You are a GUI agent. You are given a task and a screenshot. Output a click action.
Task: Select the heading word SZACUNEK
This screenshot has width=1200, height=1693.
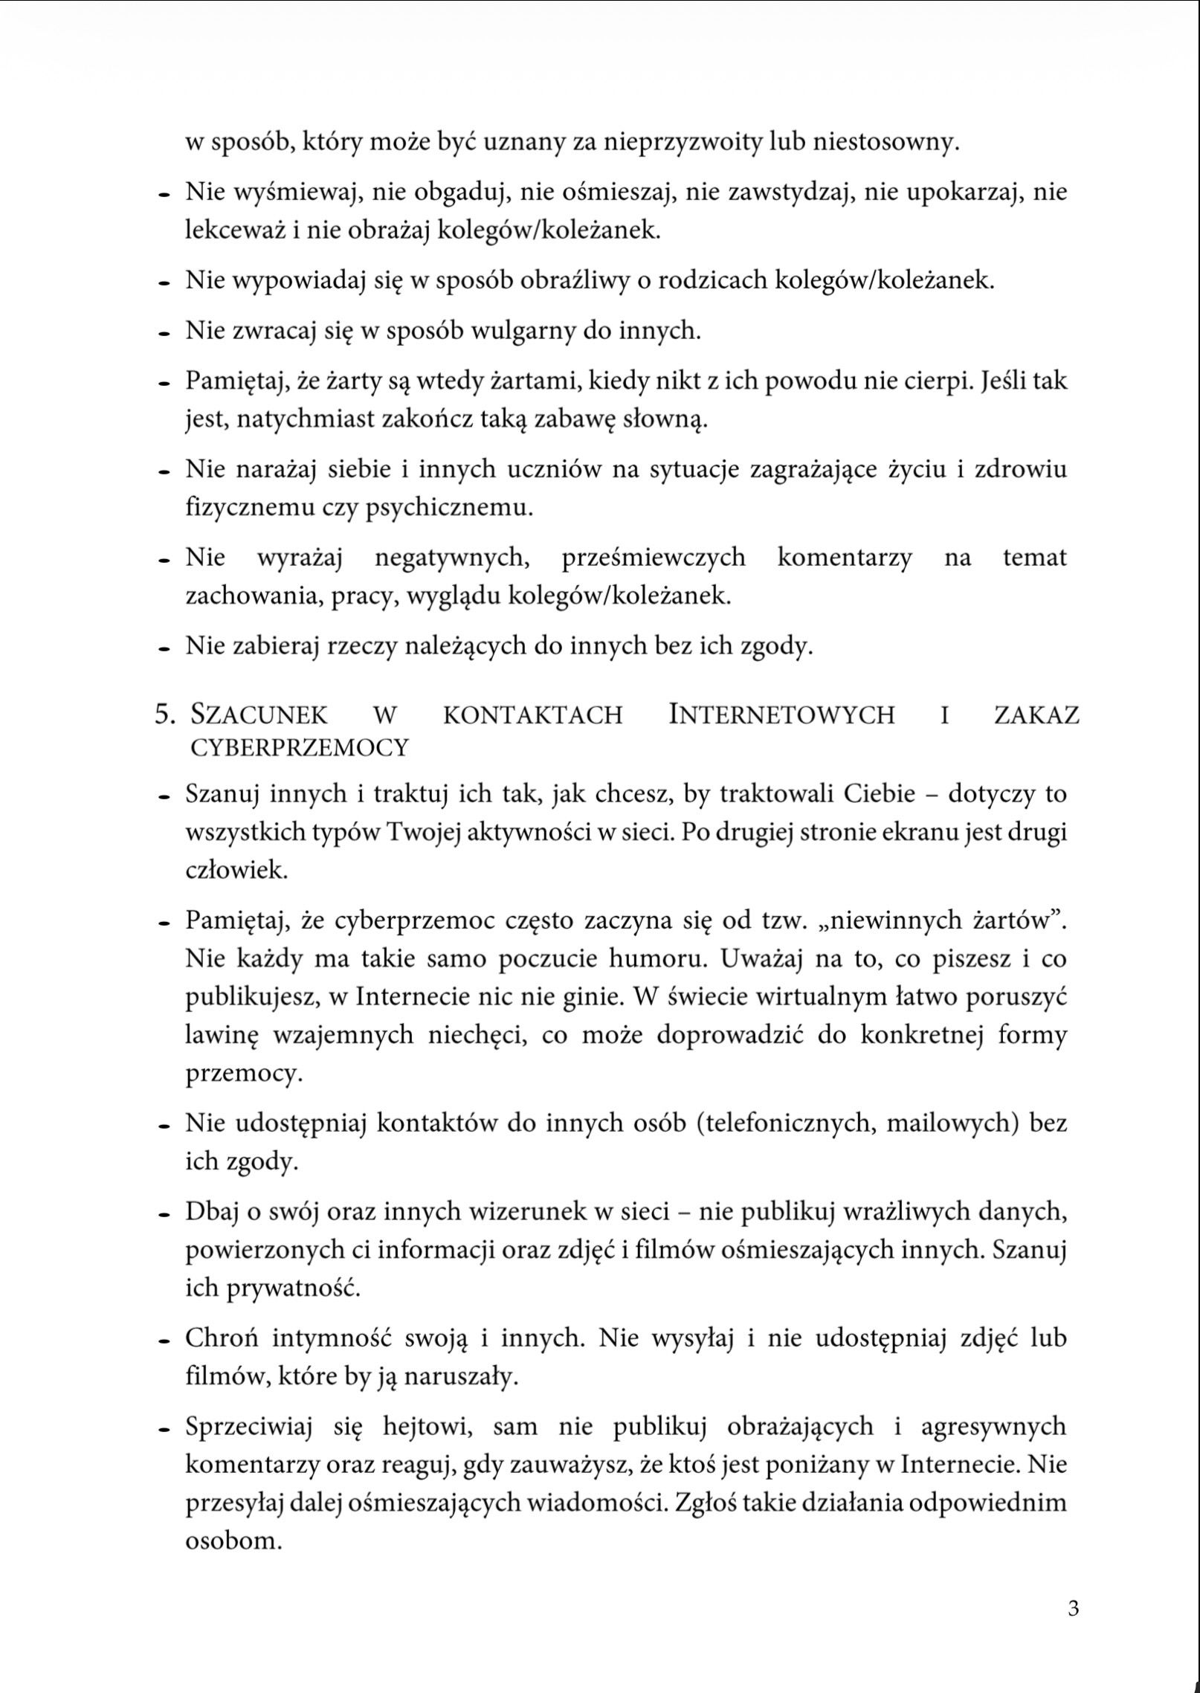tap(259, 715)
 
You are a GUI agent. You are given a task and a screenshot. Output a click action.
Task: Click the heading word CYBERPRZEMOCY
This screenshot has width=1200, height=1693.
tap(300, 747)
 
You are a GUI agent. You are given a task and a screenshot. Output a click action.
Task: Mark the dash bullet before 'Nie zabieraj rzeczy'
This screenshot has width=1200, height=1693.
tap(161, 648)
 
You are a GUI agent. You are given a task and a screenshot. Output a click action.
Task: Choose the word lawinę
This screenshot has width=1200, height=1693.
tap(222, 1036)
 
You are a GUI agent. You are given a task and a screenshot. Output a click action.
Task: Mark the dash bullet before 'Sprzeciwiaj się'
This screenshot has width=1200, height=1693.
tap(161, 1428)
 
